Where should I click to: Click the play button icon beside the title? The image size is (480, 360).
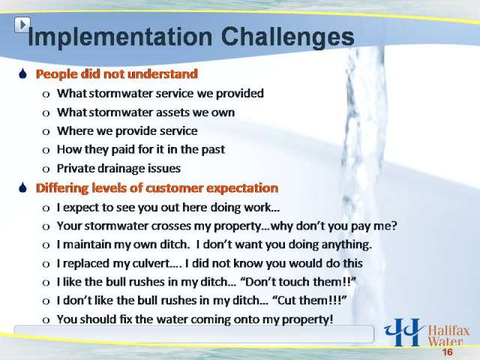tap(22, 25)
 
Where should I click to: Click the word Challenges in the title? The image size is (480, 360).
tap(287, 37)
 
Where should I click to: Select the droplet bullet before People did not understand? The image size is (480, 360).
tap(23, 73)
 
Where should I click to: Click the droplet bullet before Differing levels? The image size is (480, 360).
tap(23, 187)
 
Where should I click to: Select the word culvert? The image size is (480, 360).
tap(146, 263)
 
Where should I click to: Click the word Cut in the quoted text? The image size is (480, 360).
tap(287, 301)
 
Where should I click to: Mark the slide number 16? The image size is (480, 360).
tap(447, 352)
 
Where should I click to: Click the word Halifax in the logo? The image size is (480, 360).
tap(448, 331)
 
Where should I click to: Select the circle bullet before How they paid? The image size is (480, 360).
tap(46, 151)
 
